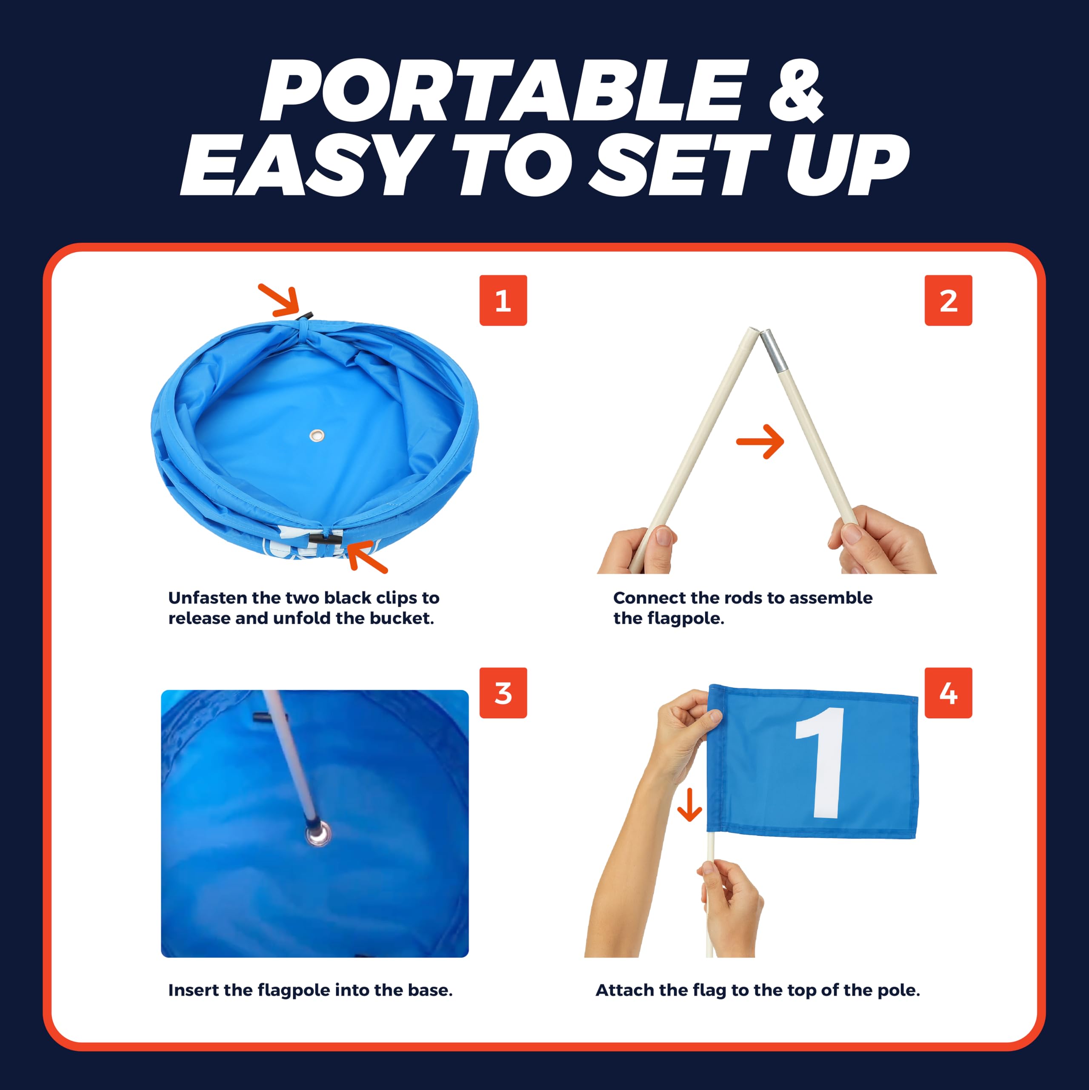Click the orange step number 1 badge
point(503,300)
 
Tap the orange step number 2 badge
point(948,300)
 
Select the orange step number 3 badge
point(503,693)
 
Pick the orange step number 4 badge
point(948,693)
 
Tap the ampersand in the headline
point(796,92)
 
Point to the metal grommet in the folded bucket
point(317,435)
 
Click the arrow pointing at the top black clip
point(278,300)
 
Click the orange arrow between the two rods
point(760,441)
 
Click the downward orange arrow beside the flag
point(689,805)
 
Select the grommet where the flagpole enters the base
point(318,833)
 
